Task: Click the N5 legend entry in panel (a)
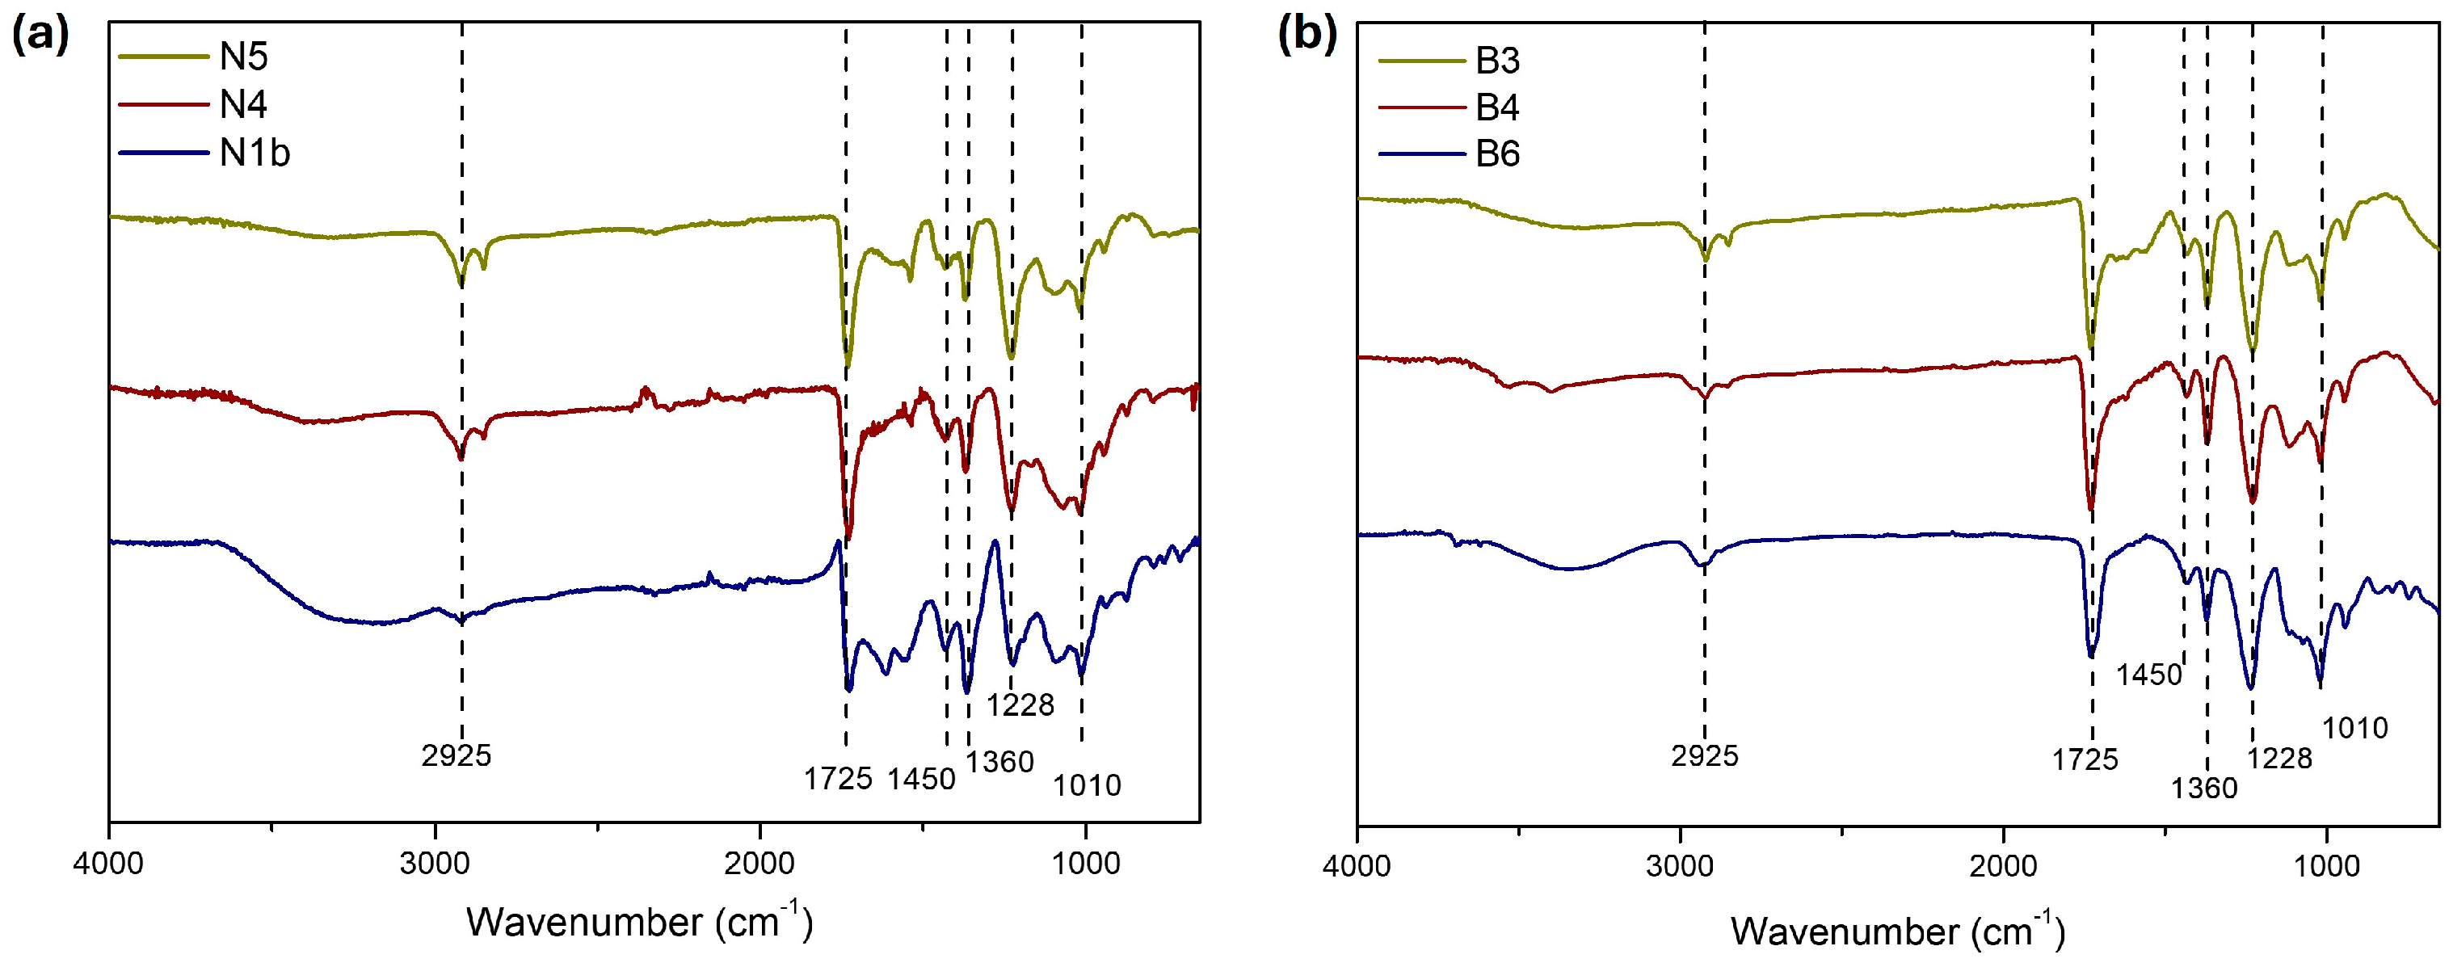pyautogui.click(x=243, y=57)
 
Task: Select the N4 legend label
pyautogui.click(x=243, y=105)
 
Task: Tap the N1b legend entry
pyautogui.click(x=255, y=153)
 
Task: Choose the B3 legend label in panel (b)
pyautogui.click(x=1497, y=61)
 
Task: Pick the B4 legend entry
pyautogui.click(x=1497, y=107)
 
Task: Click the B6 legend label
pyautogui.click(x=1497, y=154)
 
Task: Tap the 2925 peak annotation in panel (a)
pyautogui.click(x=457, y=756)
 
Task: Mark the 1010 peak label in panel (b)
pyautogui.click(x=2355, y=729)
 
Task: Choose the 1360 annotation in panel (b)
pyautogui.click(x=2203, y=788)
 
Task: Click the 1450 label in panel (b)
pyautogui.click(x=2148, y=675)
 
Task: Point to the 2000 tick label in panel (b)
pyautogui.click(x=2004, y=866)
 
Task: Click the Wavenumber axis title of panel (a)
pyautogui.click(x=639, y=922)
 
